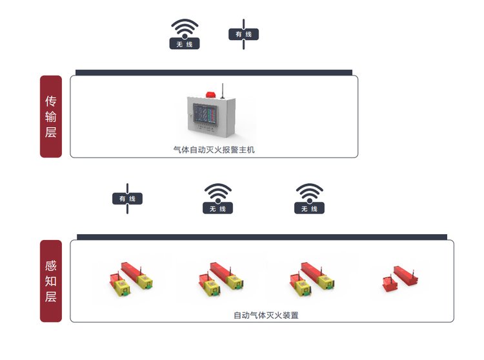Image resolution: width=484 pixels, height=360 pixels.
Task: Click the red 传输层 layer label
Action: (51, 117)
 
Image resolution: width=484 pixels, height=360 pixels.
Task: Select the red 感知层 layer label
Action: (51, 281)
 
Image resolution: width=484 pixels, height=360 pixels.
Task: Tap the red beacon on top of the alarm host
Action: (210, 93)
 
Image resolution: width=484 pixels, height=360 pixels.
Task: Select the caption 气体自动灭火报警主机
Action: (214, 150)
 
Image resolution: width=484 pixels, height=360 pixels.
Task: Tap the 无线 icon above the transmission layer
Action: (185, 34)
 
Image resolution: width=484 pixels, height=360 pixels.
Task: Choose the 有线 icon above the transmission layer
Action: (243, 34)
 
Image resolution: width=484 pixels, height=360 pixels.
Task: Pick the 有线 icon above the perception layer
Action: (127, 199)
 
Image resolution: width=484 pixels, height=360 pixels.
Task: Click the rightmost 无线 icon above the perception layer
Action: (310, 199)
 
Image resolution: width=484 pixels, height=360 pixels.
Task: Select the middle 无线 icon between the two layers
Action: (218, 199)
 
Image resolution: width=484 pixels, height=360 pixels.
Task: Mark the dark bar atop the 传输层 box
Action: (214, 72)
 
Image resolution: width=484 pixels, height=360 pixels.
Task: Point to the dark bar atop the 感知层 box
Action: (261, 237)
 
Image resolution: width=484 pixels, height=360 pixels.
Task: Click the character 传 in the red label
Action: (51, 101)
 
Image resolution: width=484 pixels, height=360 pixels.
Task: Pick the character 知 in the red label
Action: (51, 281)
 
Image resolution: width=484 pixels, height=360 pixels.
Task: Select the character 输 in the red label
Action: (51, 117)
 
